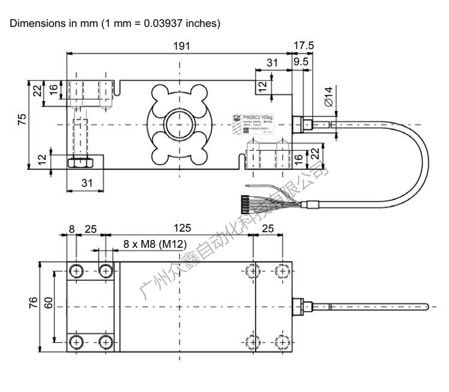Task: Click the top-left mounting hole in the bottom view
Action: (77, 270)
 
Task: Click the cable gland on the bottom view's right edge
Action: (299, 306)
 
